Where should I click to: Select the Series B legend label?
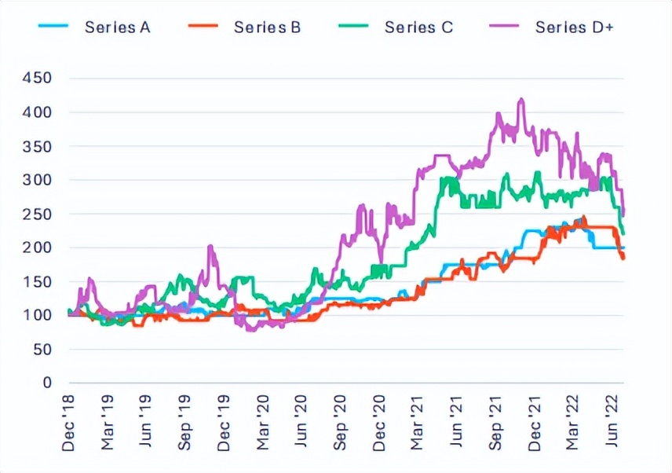[267, 27]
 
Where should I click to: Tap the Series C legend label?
[418, 27]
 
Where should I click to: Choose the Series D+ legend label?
[575, 27]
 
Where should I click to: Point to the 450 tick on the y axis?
[38, 79]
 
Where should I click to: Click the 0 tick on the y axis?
[46, 383]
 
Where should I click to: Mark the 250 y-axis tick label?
[38, 214]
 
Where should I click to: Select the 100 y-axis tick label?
[38, 315]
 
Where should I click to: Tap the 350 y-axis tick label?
[38, 146]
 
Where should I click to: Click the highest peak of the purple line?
[520, 100]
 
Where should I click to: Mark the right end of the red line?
[623, 258]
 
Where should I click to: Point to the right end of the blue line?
[623, 247]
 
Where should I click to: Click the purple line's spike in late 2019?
[210, 247]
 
